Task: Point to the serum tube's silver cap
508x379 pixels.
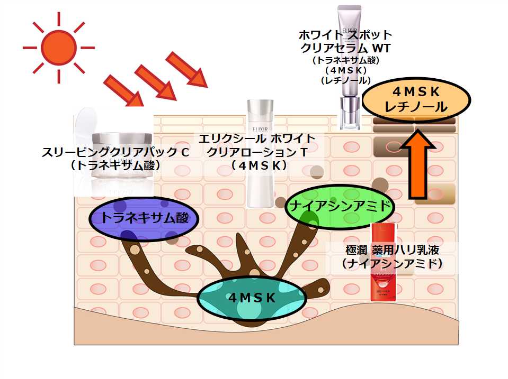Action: (349, 114)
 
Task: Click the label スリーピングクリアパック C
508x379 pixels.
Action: (115, 153)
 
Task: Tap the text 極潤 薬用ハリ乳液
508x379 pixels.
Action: (392, 249)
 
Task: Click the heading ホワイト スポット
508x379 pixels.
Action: (345, 35)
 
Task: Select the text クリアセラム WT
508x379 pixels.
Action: (345, 48)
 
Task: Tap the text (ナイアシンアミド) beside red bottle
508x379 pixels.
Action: (392, 262)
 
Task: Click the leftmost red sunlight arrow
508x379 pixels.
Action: (123, 91)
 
